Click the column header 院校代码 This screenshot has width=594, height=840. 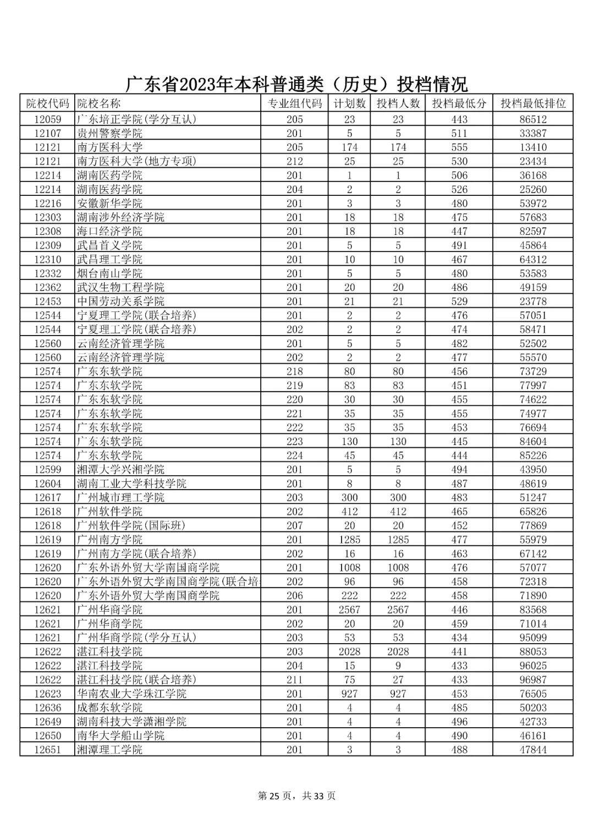pyautogui.click(x=48, y=103)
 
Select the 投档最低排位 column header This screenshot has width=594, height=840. pyautogui.click(x=533, y=103)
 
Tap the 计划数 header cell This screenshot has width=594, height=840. pyautogui.click(x=349, y=103)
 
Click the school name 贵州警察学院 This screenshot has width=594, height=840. pyautogui.click(x=109, y=133)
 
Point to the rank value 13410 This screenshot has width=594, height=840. pyautogui.click(x=533, y=147)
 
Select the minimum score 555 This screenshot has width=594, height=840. pyautogui.click(x=459, y=147)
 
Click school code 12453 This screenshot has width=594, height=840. pyautogui.click(x=48, y=301)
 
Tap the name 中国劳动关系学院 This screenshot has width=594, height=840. pyautogui.click(x=120, y=301)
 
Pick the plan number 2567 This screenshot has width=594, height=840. pyautogui.click(x=349, y=610)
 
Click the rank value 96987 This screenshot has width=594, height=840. pyautogui.click(x=533, y=679)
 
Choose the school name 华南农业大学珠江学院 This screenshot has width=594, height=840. pyautogui.click(x=131, y=694)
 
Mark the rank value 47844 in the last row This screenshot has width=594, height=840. pyautogui.click(x=533, y=749)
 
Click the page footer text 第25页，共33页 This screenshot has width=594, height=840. pyautogui.click(x=296, y=795)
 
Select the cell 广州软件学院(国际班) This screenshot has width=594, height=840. pyautogui.click(x=131, y=525)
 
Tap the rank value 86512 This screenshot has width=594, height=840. pyautogui.click(x=533, y=119)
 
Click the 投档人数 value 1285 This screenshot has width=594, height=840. pyautogui.click(x=398, y=540)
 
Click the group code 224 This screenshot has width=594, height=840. pyautogui.click(x=295, y=455)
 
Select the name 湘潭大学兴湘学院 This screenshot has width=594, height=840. pyautogui.click(x=120, y=469)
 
